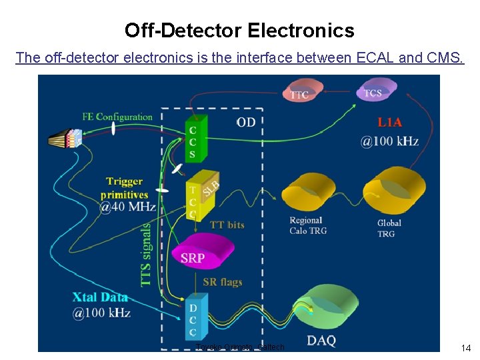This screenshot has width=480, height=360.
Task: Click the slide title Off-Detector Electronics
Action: tap(239, 31)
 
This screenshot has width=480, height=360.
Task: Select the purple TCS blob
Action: tap(377, 89)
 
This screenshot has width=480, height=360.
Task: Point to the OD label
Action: tap(246, 122)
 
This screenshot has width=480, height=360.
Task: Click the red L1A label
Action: tap(390, 123)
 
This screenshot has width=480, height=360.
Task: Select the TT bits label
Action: tap(227, 225)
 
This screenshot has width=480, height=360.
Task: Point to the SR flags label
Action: tap(222, 282)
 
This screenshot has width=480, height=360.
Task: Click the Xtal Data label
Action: tap(100, 298)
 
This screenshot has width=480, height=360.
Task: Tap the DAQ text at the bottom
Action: tap(321, 341)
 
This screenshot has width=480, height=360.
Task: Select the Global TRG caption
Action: tap(389, 228)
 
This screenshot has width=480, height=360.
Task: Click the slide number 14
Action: tap(466, 347)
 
